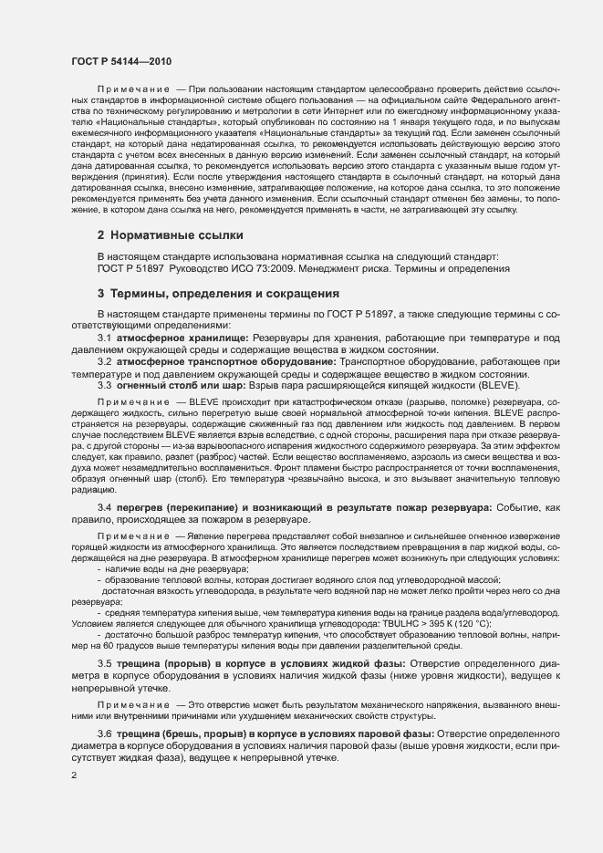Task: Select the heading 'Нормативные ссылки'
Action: pyautogui.click(x=164, y=234)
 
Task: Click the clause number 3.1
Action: pyautogui.click(x=104, y=338)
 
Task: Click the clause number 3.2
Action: pyautogui.click(x=104, y=362)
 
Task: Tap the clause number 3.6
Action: pyautogui.click(x=104, y=733)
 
